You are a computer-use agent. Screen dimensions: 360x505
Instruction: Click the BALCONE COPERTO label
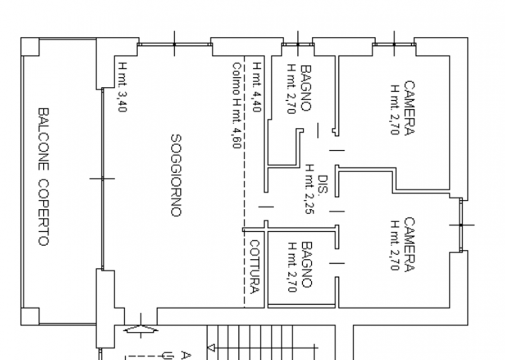pyautogui.click(x=43, y=176)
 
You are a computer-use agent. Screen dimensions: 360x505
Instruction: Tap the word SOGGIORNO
pyautogui.click(x=176, y=175)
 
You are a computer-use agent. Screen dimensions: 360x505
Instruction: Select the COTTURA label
pyautogui.click(x=255, y=266)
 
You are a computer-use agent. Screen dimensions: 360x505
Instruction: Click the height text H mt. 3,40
pyautogui.click(x=122, y=87)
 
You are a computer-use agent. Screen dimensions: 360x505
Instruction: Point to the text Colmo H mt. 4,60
pyautogui.click(x=236, y=106)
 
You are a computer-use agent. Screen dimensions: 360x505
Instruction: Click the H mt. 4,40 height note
pyautogui.click(x=257, y=87)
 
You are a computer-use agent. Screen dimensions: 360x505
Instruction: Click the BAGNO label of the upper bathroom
pyautogui.click(x=305, y=89)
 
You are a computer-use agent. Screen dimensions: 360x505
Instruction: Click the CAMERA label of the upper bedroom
pyautogui.click(x=409, y=108)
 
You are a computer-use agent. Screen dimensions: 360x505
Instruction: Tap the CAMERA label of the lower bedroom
pyautogui.click(x=409, y=245)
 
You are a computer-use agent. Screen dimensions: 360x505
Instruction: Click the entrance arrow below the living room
pyautogui.click(x=141, y=330)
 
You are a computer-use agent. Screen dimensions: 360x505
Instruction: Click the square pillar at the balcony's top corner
pyautogui.click(x=30, y=47)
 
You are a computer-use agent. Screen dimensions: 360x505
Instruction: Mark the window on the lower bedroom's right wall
pyautogui.click(x=461, y=225)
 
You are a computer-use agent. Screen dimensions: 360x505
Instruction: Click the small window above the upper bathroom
pyautogui.click(x=298, y=44)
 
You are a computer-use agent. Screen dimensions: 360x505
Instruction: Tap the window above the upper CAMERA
pyautogui.click(x=394, y=44)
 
